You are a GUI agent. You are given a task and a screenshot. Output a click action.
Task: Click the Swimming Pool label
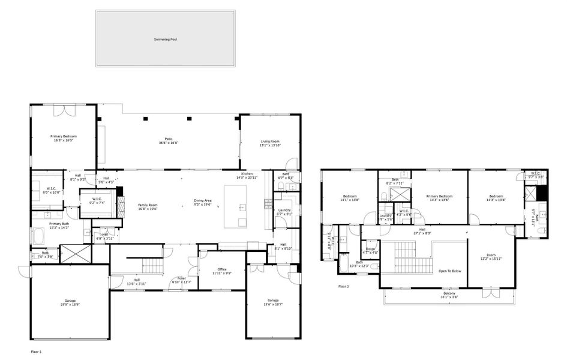point(165,39)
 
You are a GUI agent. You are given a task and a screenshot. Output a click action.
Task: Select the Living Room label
point(270,143)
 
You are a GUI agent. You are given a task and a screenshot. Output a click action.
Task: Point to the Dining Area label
point(203,202)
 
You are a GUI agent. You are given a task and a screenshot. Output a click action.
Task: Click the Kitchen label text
point(247,175)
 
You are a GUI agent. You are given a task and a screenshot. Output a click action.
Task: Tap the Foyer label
point(181,279)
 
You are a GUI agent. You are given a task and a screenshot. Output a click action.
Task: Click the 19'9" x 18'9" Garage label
point(70,302)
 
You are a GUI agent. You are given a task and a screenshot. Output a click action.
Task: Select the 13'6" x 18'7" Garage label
point(273,302)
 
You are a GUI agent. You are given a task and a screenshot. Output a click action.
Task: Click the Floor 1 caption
point(37,350)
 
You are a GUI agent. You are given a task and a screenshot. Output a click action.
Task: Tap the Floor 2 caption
point(343,287)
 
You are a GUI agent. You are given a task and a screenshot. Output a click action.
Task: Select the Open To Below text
point(449,271)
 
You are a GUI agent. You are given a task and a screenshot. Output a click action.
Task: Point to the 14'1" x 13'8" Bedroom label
point(350,198)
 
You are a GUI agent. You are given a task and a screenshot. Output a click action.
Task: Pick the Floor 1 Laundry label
point(284,211)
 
